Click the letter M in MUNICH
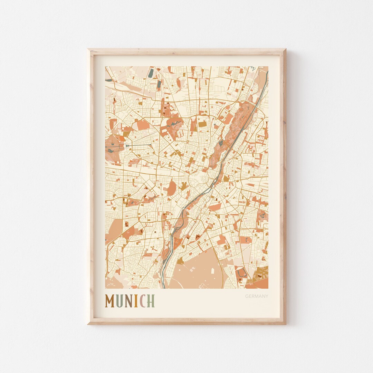pos(110,301)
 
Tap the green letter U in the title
pos(119,301)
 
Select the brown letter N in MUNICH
pos(128,301)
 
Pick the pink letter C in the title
pos(142,301)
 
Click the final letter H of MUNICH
pos(151,301)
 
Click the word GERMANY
pos(257,296)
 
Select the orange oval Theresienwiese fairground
pos(172,187)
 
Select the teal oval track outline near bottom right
pos(240,273)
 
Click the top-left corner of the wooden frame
pos(88,50)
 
